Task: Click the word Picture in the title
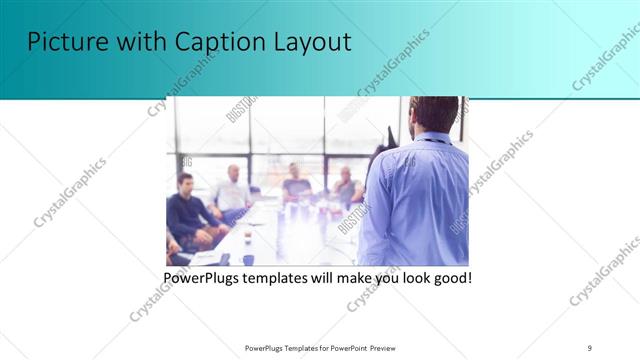pos(66,43)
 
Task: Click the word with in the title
pos(138,43)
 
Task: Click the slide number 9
pos(590,346)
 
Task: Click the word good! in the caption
pos(450,277)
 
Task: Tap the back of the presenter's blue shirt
pos(420,200)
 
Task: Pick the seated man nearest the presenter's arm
pos(345,187)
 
